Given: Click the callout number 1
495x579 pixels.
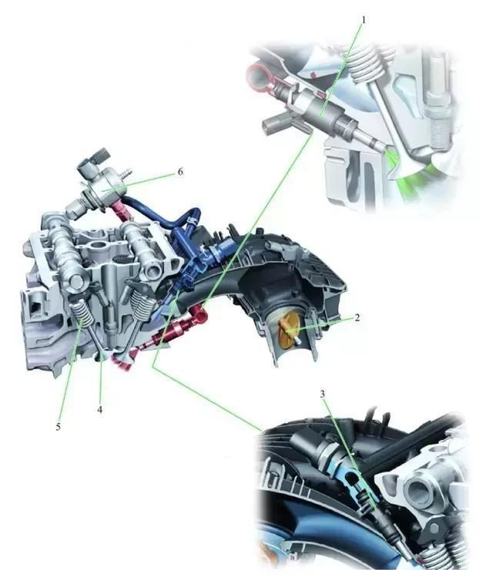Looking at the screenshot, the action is click(364, 19).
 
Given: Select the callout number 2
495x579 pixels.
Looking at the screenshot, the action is click(357, 317).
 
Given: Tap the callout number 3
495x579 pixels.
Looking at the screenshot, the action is click(322, 394).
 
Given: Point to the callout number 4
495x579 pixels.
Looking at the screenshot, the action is click(100, 409).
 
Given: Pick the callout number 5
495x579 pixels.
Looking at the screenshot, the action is click(58, 427).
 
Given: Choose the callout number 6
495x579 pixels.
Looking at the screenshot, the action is click(180, 172).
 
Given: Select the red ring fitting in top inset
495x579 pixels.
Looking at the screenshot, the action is click(258, 77).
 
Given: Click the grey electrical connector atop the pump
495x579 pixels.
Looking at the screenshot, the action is click(94, 159).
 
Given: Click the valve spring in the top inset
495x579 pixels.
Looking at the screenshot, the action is click(364, 61).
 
